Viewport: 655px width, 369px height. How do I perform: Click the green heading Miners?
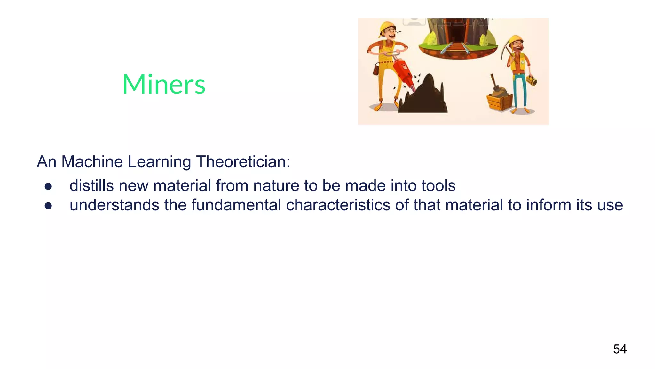pos(164,84)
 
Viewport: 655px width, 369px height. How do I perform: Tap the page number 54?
pos(619,349)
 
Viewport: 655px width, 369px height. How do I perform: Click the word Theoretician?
pos(243,162)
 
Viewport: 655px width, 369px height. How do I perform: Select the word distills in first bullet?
pos(91,186)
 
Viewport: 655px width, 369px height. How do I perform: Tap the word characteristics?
pos(338,205)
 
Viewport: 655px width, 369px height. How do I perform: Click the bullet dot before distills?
pos(48,187)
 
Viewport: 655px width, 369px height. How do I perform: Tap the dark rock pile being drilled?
pos(424,98)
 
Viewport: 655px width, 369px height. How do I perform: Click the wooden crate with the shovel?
pos(500,102)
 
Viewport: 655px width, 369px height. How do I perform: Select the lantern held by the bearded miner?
pos(532,80)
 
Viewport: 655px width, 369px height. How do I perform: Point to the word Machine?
pos(92,162)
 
